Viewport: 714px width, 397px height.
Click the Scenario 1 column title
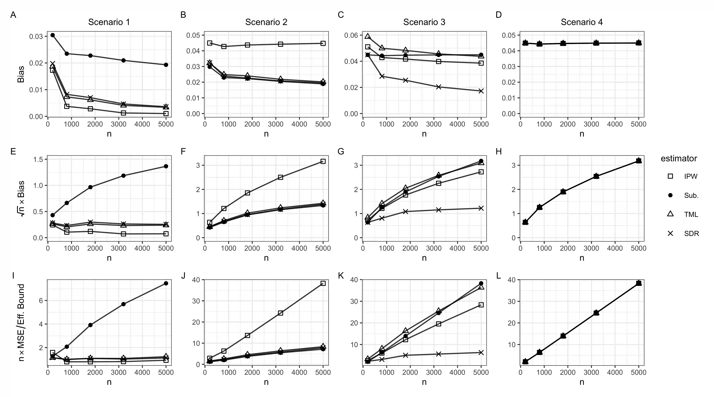tap(109, 22)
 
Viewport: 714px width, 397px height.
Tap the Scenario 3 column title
tap(424, 22)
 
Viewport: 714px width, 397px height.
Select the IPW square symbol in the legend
tap(670, 176)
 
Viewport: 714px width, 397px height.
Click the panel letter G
tap(341, 152)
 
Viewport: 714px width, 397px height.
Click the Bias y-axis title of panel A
tap(21, 74)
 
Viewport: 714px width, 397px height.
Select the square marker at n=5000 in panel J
tap(323, 283)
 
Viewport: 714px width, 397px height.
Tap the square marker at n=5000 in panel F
tap(323, 161)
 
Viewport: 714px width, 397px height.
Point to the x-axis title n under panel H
tap(582, 258)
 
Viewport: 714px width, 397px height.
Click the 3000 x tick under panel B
tap(276, 124)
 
